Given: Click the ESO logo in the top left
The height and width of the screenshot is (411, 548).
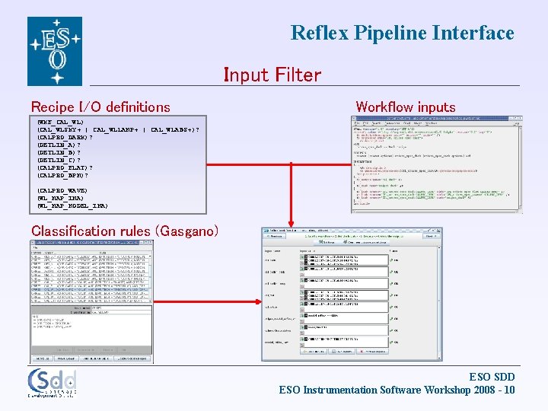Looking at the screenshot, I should click(x=54, y=51).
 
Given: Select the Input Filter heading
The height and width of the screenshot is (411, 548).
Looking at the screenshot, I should click(x=272, y=75).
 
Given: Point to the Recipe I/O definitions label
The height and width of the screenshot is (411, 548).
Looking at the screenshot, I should click(x=100, y=107).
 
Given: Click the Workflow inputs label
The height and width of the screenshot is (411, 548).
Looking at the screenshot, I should click(x=406, y=107).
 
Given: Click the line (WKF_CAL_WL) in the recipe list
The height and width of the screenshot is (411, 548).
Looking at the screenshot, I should click(x=60, y=122).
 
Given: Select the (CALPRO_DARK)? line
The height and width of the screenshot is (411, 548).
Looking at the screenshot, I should click(x=65, y=137).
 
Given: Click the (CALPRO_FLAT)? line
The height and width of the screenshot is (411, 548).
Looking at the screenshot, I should click(x=65, y=167).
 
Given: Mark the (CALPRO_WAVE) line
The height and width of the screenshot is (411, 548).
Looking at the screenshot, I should click(x=62, y=190).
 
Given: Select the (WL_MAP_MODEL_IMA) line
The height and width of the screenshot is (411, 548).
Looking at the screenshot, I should click(x=72, y=205).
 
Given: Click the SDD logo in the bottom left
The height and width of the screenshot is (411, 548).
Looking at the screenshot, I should click(x=52, y=383).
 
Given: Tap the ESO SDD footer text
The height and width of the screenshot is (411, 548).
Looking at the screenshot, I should click(x=492, y=377).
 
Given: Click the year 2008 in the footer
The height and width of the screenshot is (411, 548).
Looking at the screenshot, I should click(x=477, y=390).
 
